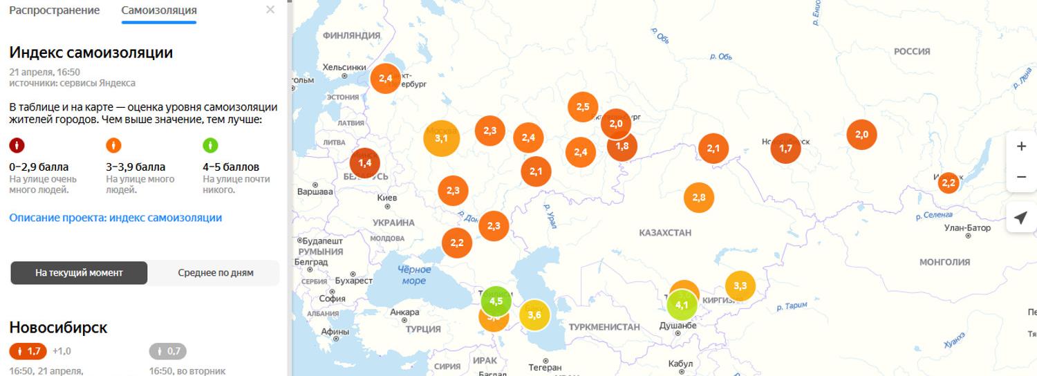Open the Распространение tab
(x=54, y=10)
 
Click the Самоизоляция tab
(x=158, y=10)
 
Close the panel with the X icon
(x=270, y=10)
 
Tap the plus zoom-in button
(x=1021, y=147)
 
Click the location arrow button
(x=1020, y=218)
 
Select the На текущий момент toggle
(x=79, y=273)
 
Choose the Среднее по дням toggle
(x=215, y=273)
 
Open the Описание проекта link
(x=115, y=218)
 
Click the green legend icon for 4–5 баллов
(x=210, y=145)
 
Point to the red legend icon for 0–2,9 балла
(x=17, y=145)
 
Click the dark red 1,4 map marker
(x=365, y=162)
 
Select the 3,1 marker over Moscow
(x=441, y=138)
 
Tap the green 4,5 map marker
(x=496, y=301)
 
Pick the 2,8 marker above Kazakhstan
(x=698, y=198)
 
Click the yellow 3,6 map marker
(x=534, y=315)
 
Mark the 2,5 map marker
(x=582, y=106)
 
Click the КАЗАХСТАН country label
(x=665, y=233)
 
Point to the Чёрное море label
(x=414, y=275)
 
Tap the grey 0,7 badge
(x=168, y=351)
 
